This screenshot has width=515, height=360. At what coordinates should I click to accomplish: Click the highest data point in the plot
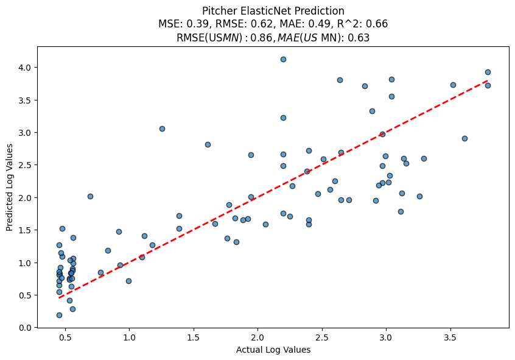click(283, 59)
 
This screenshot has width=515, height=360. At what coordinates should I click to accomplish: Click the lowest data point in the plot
click(59, 315)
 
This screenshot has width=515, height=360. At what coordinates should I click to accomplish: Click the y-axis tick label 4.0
click(24, 67)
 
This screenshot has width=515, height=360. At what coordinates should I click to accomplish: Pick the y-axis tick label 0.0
click(24, 328)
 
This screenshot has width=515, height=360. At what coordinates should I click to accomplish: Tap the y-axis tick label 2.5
click(24, 165)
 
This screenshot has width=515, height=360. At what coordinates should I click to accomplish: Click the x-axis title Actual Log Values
click(274, 350)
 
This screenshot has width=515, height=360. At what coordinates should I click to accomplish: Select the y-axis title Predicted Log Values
click(10, 188)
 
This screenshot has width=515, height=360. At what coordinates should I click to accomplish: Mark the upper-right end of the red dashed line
click(488, 80)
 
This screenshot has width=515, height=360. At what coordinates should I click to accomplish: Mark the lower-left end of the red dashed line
click(59, 298)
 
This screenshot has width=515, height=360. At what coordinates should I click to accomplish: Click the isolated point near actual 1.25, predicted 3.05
click(162, 129)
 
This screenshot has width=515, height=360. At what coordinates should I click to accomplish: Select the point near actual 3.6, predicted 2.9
click(464, 138)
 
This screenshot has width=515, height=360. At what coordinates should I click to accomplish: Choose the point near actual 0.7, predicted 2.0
click(90, 196)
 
